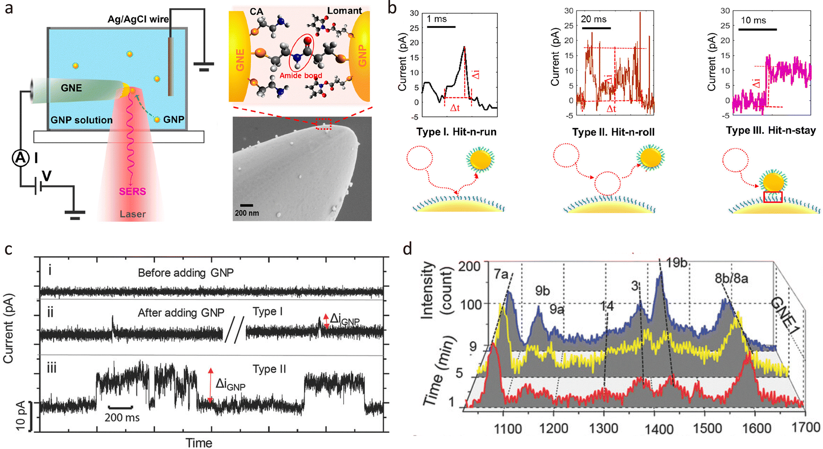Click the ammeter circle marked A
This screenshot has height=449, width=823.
point(20,158)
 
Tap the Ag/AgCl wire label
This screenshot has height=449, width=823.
point(138,19)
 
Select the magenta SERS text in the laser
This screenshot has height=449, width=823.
point(133,192)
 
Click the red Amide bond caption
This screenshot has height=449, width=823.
point(301,75)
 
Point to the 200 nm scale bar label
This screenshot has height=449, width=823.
point(247,213)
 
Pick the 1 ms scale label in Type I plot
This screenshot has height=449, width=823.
point(437,19)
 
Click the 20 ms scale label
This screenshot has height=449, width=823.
point(593,19)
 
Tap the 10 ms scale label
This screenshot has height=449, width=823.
point(753,20)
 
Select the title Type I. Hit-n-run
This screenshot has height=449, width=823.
point(456,132)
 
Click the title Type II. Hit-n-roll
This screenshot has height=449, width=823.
point(613,132)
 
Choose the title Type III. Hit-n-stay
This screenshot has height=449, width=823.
point(771,131)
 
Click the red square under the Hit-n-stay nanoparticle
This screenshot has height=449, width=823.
point(773,197)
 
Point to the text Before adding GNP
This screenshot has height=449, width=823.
point(186,273)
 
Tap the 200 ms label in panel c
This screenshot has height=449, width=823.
point(122,417)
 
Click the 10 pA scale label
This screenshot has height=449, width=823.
point(21,416)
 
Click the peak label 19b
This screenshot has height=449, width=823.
point(677,262)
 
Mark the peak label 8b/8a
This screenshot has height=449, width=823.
point(731,279)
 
